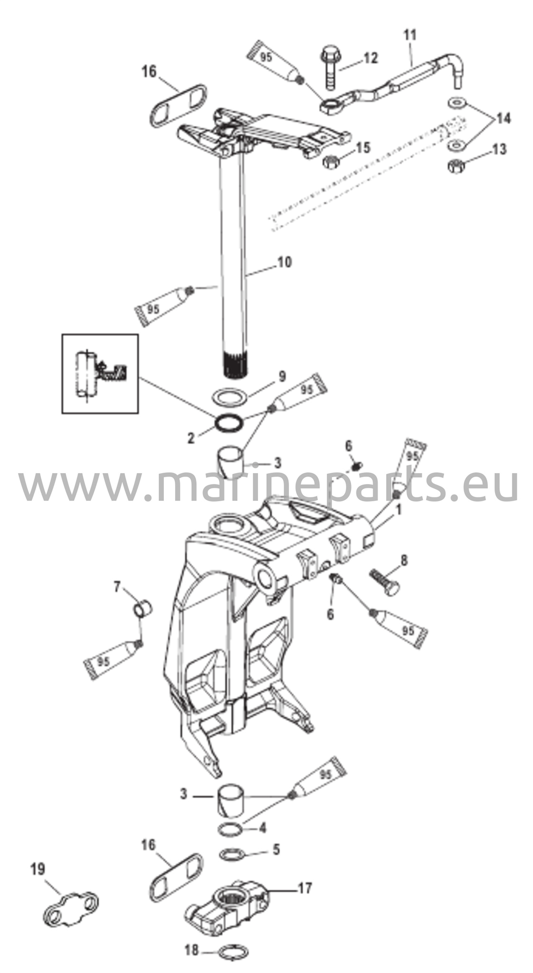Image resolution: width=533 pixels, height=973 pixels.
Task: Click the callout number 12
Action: pos(371,58)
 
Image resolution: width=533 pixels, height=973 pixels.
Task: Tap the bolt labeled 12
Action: pos(329,66)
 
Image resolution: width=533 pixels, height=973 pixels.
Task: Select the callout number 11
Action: pos(410,35)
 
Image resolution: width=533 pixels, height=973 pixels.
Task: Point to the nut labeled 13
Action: pos(456,166)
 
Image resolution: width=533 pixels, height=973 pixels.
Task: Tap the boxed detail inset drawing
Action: pos(100,373)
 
